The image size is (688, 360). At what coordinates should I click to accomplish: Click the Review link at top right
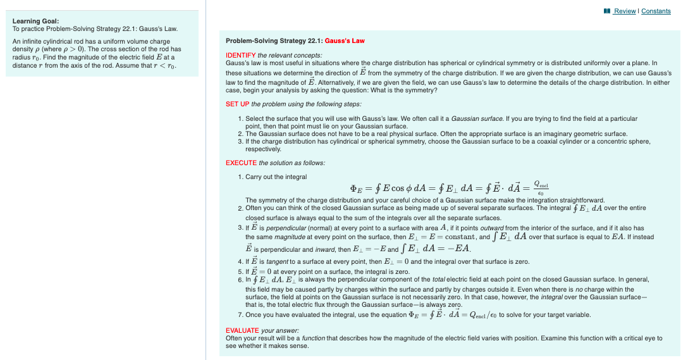pyautogui.click(x=625, y=11)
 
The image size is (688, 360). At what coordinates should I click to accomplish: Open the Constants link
pyautogui.click(x=656, y=11)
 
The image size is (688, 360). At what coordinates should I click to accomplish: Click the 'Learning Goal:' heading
pyautogui.click(x=32, y=21)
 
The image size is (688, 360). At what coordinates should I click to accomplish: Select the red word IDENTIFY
pyautogui.click(x=241, y=56)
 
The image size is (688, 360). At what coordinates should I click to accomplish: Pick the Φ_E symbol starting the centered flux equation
pyautogui.click(x=356, y=188)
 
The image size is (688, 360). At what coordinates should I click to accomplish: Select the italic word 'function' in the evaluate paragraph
pyautogui.click(x=314, y=338)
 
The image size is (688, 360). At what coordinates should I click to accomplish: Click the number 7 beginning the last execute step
pyautogui.click(x=240, y=314)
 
